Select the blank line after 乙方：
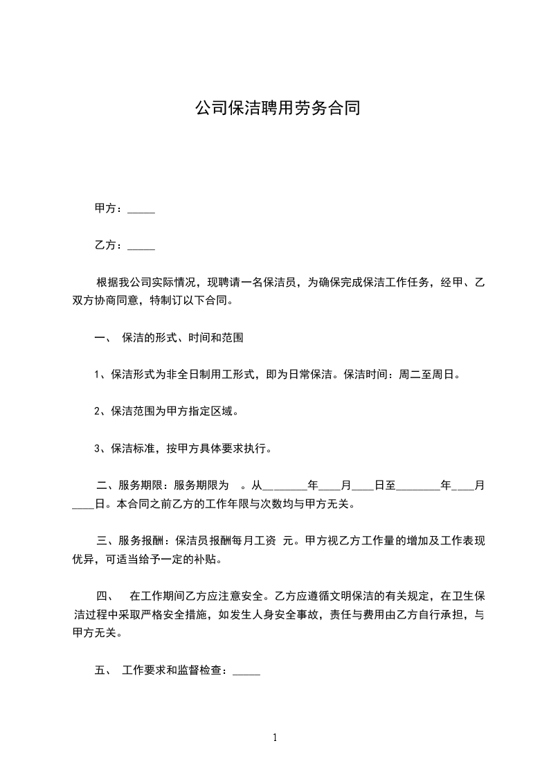coord(141,246)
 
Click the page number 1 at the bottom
coord(275,738)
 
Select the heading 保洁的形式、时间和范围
coord(182,339)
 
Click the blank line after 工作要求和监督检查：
coord(246,670)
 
